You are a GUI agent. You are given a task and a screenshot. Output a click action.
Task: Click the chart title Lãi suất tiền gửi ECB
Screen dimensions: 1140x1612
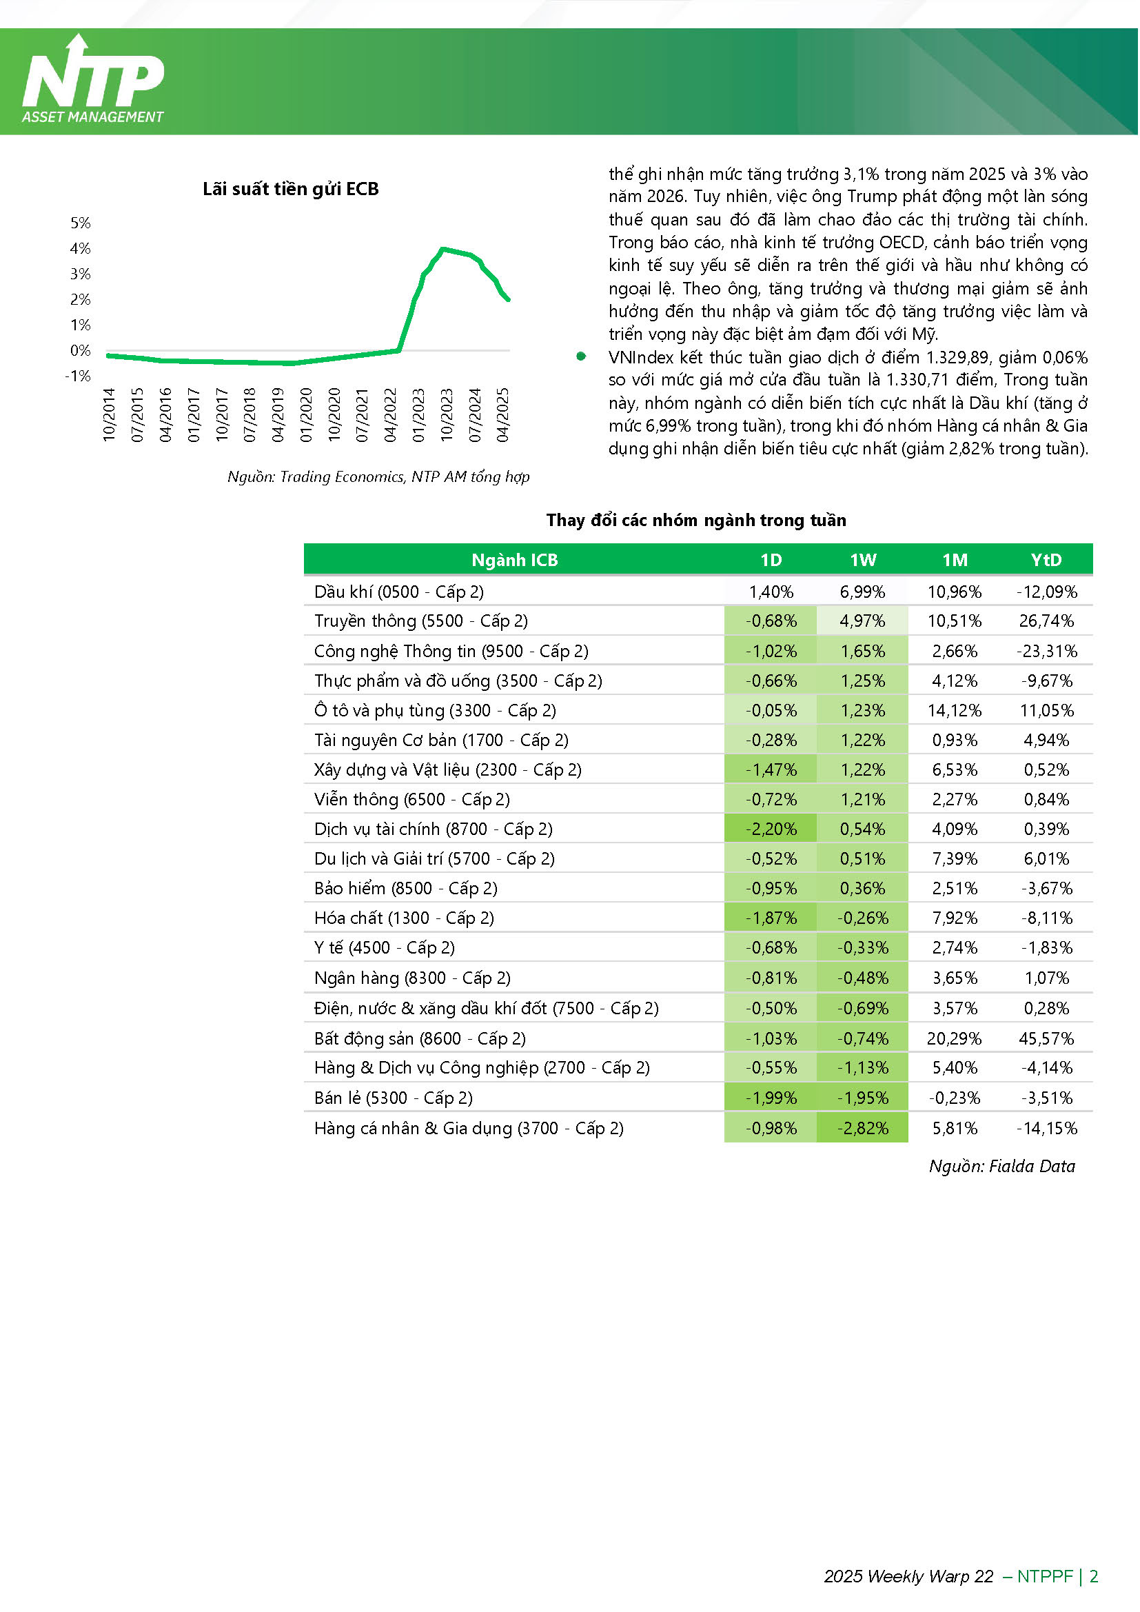click(291, 190)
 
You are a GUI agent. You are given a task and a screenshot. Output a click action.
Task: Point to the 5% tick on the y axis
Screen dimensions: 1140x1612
click(81, 223)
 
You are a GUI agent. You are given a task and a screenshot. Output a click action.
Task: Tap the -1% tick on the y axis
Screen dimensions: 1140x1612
click(78, 376)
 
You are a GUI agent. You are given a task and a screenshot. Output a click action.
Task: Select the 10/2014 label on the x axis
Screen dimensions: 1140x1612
click(109, 415)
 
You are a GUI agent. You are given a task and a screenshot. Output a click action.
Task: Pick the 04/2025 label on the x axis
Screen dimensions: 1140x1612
click(502, 415)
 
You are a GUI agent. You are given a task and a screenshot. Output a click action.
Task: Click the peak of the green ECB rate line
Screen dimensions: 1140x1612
click(442, 248)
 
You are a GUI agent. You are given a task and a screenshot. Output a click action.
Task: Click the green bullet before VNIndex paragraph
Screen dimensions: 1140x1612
click(581, 356)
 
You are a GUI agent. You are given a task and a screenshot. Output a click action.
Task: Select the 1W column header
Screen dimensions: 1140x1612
click(864, 561)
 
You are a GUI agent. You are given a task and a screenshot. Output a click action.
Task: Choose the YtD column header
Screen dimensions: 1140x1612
click(1047, 561)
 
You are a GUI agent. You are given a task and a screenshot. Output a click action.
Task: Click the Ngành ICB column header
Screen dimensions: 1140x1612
click(515, 561)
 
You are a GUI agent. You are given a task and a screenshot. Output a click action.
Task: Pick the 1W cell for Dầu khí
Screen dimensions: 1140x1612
click(863, 592)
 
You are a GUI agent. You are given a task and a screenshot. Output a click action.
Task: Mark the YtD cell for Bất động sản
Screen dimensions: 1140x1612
click(1047, 1038)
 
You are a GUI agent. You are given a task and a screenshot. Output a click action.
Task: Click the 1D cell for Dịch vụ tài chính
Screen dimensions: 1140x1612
click(771, 829)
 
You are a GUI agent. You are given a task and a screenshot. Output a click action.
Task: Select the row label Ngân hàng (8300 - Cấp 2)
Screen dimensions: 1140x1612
click(413, 978)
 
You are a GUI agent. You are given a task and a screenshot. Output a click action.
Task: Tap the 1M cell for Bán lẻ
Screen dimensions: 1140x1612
click(955, 1098)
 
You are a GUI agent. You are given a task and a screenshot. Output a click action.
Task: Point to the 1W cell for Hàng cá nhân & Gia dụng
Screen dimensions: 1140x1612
click(863, 1128)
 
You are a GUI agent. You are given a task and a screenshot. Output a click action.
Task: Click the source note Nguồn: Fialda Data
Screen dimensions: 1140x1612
click(1002, 1166)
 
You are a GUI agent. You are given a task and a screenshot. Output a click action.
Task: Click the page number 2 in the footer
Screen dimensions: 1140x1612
click(1094, 1576)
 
